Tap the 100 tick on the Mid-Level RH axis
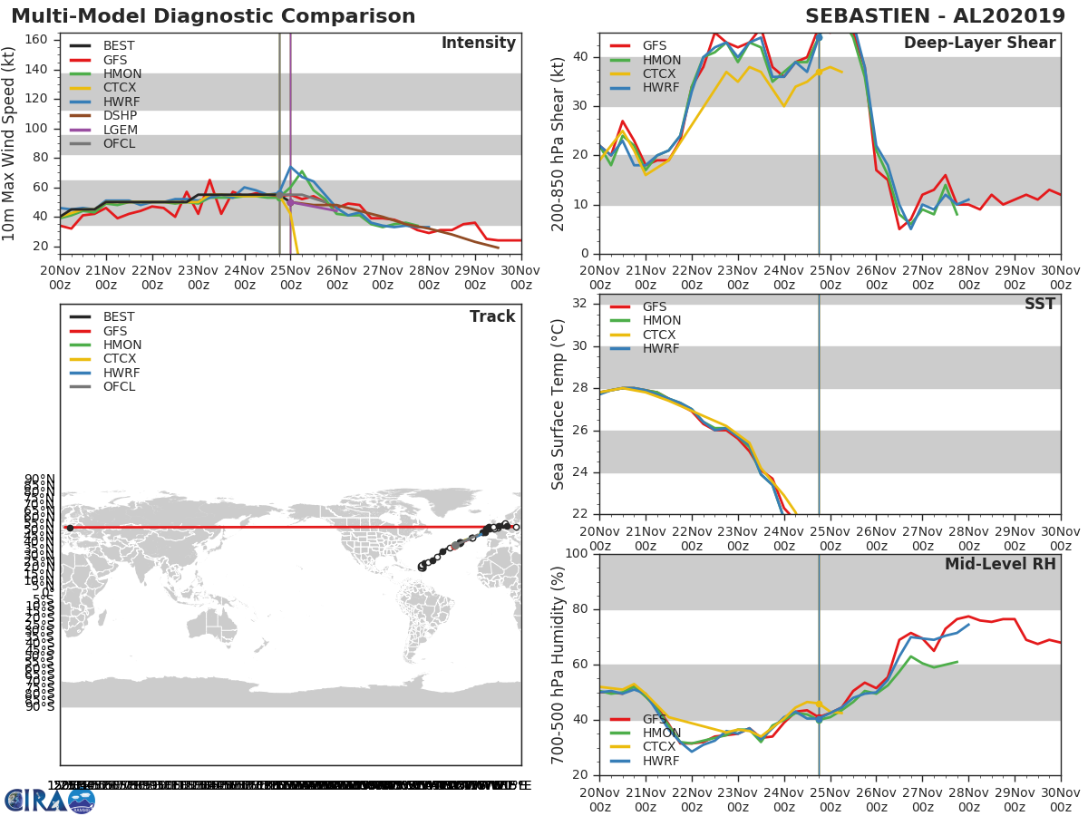(574, 554)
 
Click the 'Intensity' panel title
(478, 44)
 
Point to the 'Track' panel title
(491, 316)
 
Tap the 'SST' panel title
(1039, 305)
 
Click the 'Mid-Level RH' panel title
(1000, 564)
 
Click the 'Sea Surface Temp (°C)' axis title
(559, 404)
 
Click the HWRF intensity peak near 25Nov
(290, 166)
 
